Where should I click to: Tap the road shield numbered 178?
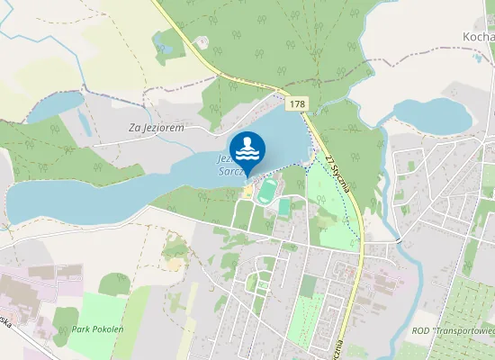click(297, 105)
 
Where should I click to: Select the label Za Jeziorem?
click(157, 129)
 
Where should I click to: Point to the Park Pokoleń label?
click(98, 330)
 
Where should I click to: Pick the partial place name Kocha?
click(478, 36)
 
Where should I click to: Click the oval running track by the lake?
click(268, 191)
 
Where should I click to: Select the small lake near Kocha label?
click(433, 114)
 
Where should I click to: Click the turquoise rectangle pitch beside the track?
click(284, 207)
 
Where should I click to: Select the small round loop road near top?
click(201, 41)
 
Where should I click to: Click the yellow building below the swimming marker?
click(248, 190)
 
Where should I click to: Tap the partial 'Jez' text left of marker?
click(223, 158)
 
